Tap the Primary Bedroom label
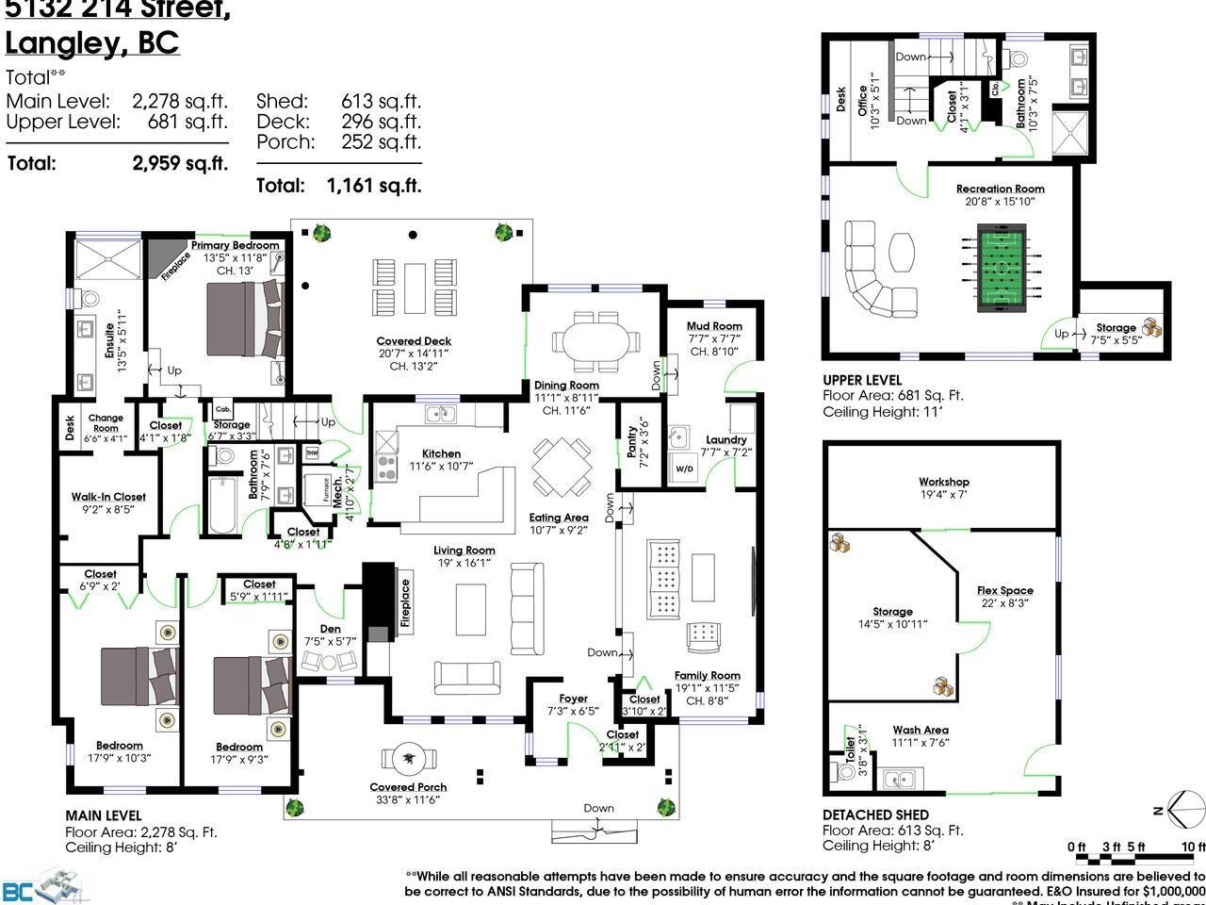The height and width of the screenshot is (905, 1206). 235,246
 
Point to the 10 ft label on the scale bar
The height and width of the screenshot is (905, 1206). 1193,847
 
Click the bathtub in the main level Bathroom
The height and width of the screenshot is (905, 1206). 222,505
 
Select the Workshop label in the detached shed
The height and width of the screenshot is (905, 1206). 944,482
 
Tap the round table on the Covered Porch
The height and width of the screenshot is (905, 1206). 410,758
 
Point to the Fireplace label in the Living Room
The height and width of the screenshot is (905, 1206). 405,603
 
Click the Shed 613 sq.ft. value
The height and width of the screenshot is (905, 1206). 381,101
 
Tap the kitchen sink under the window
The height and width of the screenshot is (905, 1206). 438,414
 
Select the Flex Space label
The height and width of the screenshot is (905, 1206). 1004,590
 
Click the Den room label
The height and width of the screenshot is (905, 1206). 330,629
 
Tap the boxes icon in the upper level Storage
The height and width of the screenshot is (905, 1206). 1152,326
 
